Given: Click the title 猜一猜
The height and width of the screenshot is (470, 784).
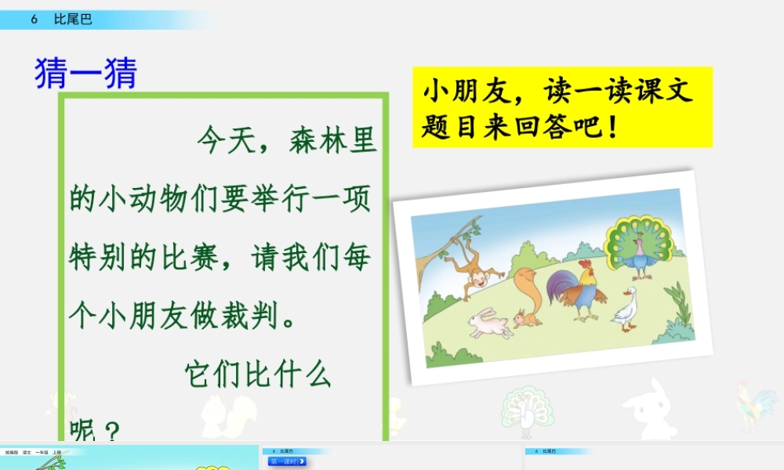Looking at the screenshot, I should (86, 74).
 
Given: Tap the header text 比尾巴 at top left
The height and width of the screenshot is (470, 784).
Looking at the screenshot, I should (73, 20).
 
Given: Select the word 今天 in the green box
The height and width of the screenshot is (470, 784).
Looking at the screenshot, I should (222, 141).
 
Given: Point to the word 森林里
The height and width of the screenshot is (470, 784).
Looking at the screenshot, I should (333, 141).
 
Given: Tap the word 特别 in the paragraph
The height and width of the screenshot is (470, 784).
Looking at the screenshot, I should (97, 258).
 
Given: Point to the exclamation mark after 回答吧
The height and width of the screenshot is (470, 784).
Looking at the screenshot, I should (612, 126).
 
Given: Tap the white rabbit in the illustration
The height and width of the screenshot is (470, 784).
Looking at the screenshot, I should (490, 323).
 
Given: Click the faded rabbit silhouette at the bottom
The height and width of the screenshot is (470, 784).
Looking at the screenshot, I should (648, 410).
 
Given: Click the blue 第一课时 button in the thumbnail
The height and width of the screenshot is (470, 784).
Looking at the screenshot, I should (287, 461).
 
